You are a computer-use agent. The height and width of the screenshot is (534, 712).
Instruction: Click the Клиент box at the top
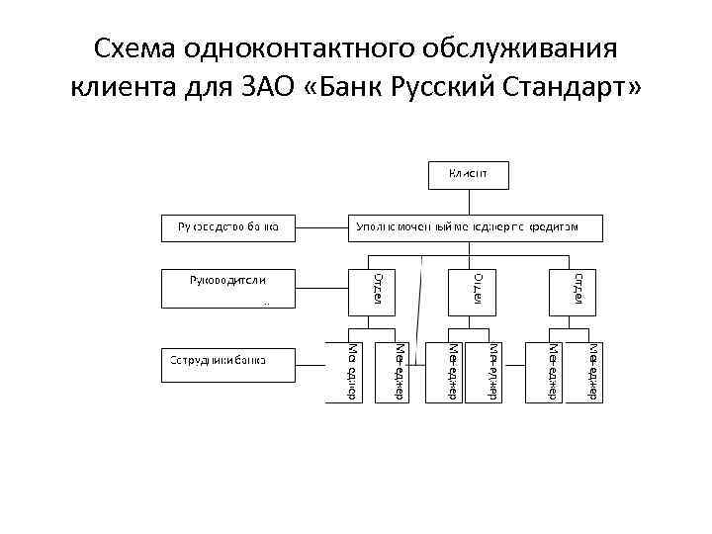[469, 175]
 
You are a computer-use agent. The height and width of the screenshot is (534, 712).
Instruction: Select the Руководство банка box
[229, 226]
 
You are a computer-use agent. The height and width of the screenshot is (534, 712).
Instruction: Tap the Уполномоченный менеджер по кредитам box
[475, 226]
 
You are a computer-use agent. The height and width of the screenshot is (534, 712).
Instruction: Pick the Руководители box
[229, 288]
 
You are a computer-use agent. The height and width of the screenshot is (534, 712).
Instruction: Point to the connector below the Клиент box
[469, 201]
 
